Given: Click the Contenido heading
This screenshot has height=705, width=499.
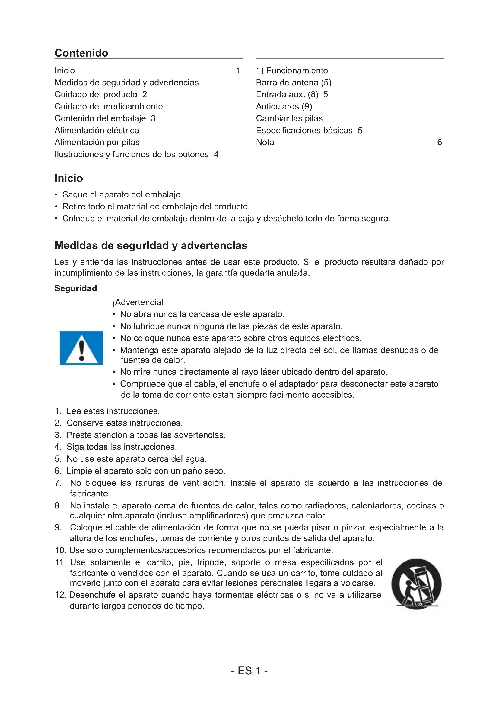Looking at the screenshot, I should click(x=81, y=53).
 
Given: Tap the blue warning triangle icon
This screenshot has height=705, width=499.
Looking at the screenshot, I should click(x=81, y=348).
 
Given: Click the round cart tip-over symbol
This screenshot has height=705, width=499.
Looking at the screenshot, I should click(x=416, y=584).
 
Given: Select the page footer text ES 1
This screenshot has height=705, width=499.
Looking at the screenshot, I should click(x=249, y=671).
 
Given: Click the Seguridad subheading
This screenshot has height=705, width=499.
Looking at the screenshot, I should click(x=76, y=288).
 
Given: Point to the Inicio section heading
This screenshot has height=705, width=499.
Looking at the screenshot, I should click(x=68, y=178).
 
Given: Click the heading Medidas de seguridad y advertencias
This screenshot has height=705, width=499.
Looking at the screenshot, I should click(x=151, y=245).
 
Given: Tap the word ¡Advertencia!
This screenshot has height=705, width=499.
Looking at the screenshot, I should click(x=138, y=302).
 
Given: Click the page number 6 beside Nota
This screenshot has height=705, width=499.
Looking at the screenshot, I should click(x=439, y=142).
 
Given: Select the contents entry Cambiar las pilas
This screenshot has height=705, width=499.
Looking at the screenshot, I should click(x=289, y=118).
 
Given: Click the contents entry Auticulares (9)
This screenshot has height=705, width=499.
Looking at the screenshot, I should click(x=284, y=106).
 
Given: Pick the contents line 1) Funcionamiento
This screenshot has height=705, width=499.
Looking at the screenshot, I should click(x=292, y=70).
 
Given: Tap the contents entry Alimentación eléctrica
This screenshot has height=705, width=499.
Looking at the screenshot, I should click(x=97, y=130).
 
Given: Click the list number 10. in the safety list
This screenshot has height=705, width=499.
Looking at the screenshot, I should click(x=60, y=550).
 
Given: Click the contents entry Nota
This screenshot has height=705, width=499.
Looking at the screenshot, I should click(x=265, y=142).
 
